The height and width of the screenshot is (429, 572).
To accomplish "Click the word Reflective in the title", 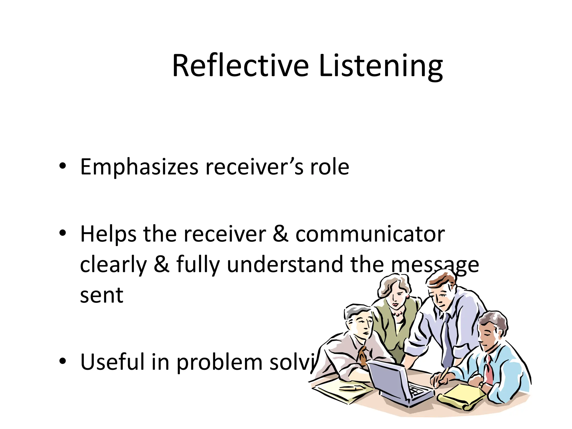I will click(x=240, y=66).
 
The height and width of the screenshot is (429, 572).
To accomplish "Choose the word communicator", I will click(x=370, y=234).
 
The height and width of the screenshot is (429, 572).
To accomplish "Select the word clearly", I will click(x=113, y=265).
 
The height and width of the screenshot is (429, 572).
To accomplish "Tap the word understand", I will click(x=285, y=264).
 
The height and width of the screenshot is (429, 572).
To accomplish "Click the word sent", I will click(x=102, y=295).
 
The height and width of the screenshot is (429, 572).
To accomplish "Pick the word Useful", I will click(x=112, y=362).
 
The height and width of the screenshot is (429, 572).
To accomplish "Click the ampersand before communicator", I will click(x=280, y=234).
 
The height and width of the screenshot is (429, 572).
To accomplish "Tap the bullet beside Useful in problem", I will click(x=63, y=361).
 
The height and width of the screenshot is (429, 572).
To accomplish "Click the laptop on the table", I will click(x=397, y=383).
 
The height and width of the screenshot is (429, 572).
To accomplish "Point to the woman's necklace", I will click(x=398, y=313).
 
